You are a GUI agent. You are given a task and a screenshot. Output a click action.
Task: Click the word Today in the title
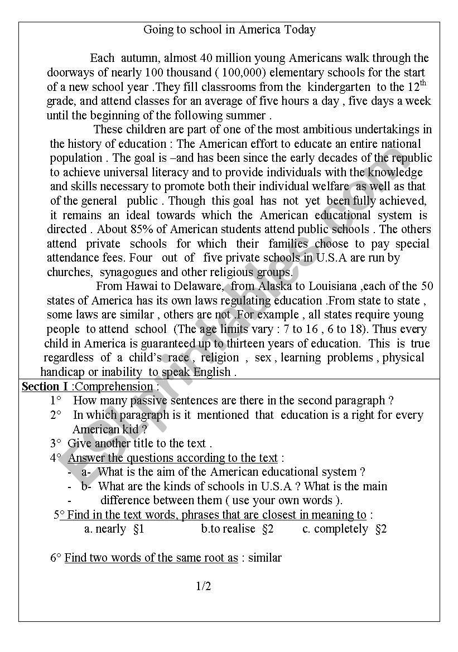point(298,30)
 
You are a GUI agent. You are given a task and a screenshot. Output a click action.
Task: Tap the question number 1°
point(56,400)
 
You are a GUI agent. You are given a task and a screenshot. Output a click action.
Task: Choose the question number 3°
point(56,444)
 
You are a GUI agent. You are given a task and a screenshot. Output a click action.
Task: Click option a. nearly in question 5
point(105,529)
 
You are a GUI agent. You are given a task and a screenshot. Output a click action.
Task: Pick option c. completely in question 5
point(335,529)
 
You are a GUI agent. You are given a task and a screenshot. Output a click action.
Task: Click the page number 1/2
point(204,586)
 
